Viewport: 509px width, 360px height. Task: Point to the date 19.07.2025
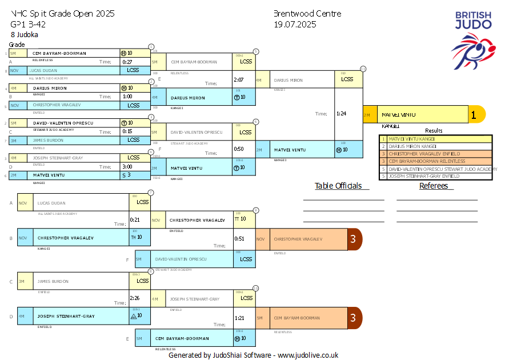[295, 24]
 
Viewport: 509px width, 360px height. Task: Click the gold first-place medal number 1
[473, 115]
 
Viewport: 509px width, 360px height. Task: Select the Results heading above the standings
[434, 131]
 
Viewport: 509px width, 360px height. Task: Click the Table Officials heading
[338, 186]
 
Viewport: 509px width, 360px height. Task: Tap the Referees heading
[434, 186]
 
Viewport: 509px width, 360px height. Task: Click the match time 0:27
[127, 62]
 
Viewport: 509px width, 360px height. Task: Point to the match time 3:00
[127, 167]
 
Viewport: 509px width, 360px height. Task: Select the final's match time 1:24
[342, 114]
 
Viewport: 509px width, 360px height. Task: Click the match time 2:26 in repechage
[135, 298]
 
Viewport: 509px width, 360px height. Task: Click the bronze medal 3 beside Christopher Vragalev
[353, 239]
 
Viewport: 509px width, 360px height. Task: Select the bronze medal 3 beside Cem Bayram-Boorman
[353, 318]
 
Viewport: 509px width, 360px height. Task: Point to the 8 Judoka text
[24, 34]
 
